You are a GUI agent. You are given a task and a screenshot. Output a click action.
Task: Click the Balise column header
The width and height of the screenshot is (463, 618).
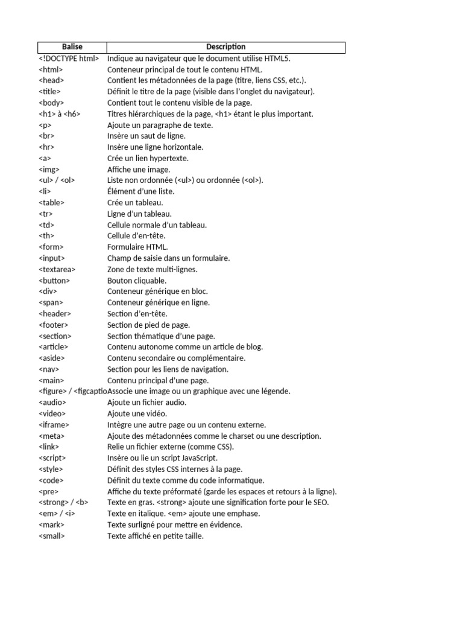coord(72,47)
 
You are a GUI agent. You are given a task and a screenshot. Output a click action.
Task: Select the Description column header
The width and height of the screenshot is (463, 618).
coord(225,47)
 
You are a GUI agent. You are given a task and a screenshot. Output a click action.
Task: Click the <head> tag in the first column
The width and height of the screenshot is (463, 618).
coord(52,81)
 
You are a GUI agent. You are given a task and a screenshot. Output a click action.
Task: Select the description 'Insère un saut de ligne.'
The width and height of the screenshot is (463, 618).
coord(146,136)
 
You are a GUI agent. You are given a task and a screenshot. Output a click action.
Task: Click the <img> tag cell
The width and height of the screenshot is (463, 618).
coord(49,170)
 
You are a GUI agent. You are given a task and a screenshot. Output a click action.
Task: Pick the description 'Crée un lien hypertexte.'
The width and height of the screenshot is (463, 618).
coord(148,159)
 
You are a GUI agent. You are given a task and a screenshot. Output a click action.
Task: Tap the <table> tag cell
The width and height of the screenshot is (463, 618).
coord(52,203)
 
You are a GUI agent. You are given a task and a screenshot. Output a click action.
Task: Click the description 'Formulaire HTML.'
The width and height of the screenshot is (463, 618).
coord(137,247)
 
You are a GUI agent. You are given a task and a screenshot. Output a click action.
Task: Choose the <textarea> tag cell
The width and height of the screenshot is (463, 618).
coord(57,270)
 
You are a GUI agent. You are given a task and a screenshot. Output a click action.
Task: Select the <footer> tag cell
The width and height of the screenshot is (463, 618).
coord(54,325)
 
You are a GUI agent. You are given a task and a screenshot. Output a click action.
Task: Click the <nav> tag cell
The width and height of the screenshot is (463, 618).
coord(49,369)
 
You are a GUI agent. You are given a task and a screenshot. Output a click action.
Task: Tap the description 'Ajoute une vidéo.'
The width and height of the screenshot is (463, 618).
coord(137,414)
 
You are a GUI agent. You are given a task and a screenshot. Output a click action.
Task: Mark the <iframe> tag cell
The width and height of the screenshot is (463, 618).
coord(54,425)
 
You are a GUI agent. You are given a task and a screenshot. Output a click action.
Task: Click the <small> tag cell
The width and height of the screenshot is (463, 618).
coord(52,536)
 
